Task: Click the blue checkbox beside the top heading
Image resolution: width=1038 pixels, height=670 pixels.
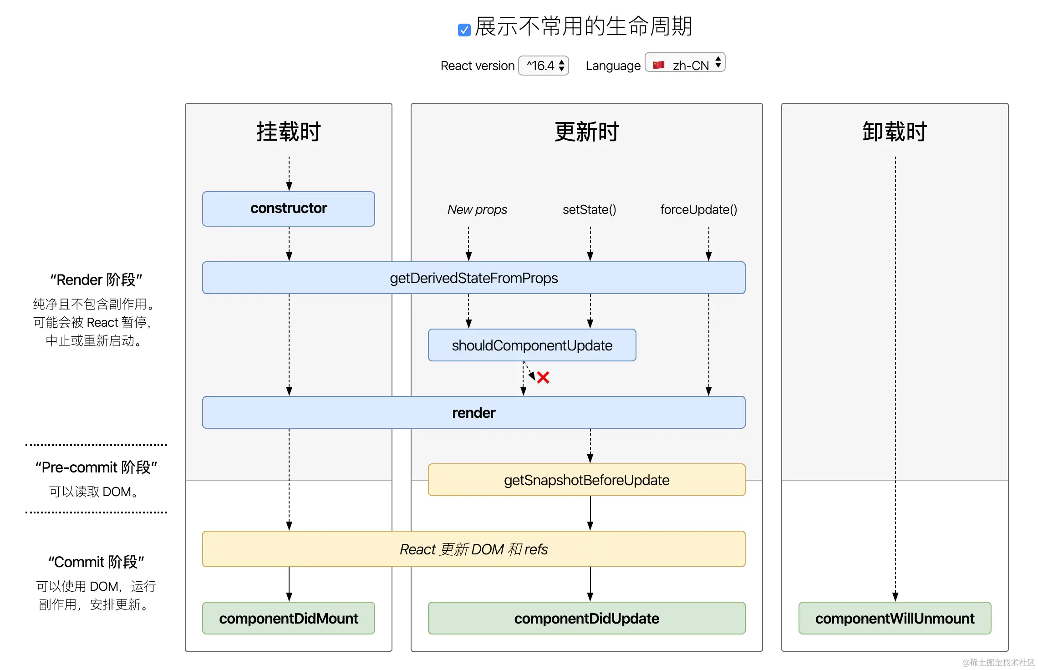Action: tap(464, 30)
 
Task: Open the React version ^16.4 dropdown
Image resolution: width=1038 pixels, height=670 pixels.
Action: tap(544, 66)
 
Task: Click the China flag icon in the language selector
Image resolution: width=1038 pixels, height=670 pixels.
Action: tap(658, 65)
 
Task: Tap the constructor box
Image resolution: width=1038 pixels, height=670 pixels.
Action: tap(289, 209)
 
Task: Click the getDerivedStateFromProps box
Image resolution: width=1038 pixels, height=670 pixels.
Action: tap(473, 278)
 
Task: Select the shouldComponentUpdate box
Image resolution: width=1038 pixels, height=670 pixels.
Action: tap(532, 345)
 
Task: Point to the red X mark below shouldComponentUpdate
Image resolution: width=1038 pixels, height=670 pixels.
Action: tap(543, 377)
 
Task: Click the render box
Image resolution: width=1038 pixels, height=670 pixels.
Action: tap(473, 412)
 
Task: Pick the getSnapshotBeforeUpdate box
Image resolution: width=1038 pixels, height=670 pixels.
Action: tap(586, 480)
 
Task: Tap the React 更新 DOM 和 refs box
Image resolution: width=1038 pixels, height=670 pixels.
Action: tap(473, 549)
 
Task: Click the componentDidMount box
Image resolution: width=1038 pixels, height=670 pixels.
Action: tap(289, 618)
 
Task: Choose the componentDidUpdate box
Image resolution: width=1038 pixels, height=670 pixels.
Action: tap(586, 618)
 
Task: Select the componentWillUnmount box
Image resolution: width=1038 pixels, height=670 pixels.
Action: tap(895, 618)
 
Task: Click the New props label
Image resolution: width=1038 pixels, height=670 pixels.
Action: tap(477, 209)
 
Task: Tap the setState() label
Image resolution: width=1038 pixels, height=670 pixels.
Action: tap(589, 209)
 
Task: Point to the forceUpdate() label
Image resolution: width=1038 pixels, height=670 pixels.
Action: tap(698, 209)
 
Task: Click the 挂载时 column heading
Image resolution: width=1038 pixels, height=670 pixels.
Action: tap(289, 132)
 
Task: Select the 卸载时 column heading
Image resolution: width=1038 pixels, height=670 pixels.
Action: tap(895, 132)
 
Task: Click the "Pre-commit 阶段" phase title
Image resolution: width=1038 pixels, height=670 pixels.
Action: tap(96, 467)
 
